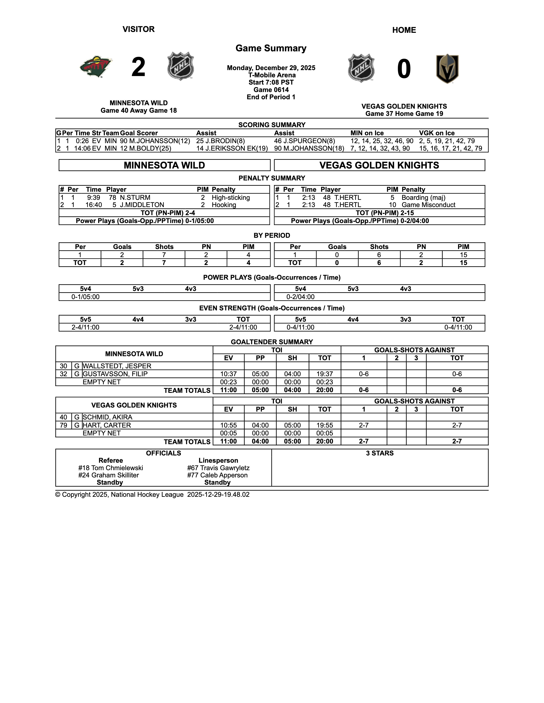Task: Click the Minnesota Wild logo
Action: (96, 67)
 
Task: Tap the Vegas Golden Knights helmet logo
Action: (447, 69)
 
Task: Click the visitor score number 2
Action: (139, 67)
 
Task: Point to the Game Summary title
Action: (271, 48)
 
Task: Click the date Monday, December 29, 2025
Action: (271, 68)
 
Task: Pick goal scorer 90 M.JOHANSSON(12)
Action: (155, 141)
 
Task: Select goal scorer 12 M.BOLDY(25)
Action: (146, 148)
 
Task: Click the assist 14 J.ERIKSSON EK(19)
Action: (232, 148)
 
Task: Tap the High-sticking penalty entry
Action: (231, 198)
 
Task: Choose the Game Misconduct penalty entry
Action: (428, 205)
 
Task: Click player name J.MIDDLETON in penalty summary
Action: (142, 205)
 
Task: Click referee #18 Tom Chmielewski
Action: (111, 468)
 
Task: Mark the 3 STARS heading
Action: (380, 453)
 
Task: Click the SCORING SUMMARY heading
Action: (272, 125)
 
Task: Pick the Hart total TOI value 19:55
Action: (324, 425)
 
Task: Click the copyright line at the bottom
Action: (152, 495)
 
